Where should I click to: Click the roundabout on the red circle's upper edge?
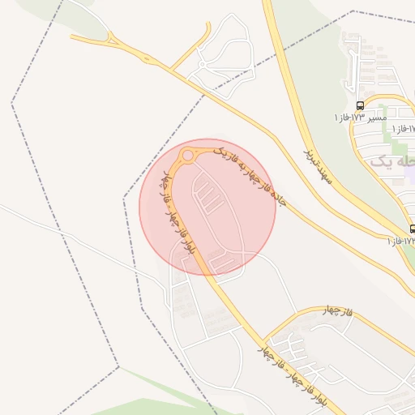click(188, 154)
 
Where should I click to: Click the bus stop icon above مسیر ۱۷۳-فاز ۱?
click(360, 105)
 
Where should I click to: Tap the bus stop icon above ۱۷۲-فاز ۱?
click(413, 229)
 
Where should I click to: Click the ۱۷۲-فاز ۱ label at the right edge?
click(400, 241)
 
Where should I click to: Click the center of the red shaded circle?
click(207, 207)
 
